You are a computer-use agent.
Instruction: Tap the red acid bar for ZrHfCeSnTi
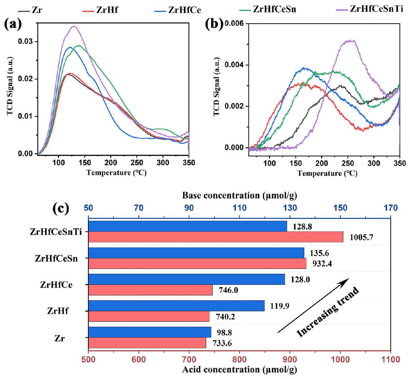click(215, 237)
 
